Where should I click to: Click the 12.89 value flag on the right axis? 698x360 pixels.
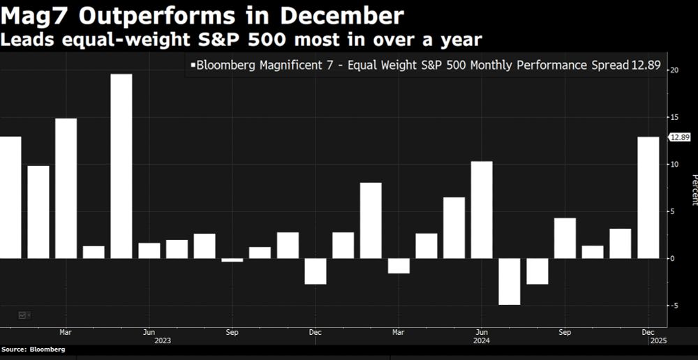[x=679, y=137]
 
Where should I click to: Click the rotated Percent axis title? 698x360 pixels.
[x=694, y=190]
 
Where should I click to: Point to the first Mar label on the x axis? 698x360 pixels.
[x=66, y=333]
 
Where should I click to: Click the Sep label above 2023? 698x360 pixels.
[x=232, y=333]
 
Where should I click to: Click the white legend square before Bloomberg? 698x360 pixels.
[x=192, y=66]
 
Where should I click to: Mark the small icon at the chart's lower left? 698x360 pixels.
[x=23, y=315]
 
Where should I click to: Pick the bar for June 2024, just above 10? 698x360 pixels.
[x=482, y=210]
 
